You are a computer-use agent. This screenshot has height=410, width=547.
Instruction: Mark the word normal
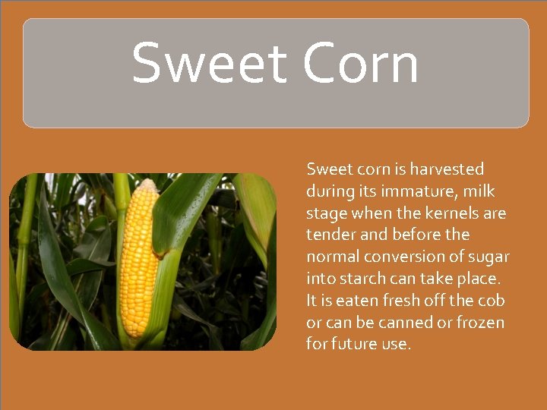point(332,257)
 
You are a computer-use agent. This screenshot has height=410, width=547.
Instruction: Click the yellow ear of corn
point(140,258)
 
